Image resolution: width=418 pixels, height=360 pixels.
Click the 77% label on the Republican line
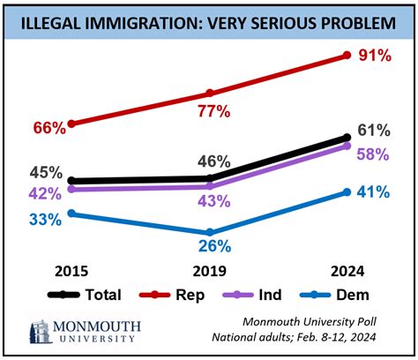pos(213,111)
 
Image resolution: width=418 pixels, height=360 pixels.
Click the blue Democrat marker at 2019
pos(209,232)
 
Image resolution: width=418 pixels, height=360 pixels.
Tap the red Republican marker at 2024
pos(346,56)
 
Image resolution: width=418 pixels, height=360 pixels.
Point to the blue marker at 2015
pos(71,213)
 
